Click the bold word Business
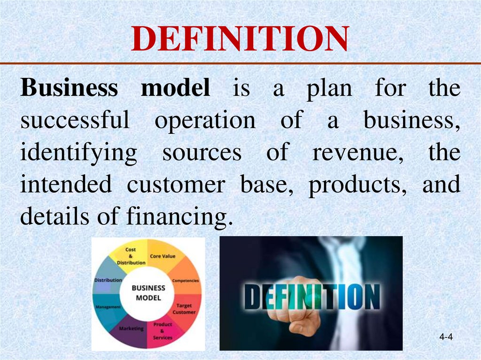pyautogui.click(x=69, y=88)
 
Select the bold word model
pyautogui.click(x=175, y=88)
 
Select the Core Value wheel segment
pyautogui.click(x=163, y=257)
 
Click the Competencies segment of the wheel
pyautogui.click(x=185, y=280)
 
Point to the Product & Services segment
pyautogui.click(x=163, y=330)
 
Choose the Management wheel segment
pyautogui.click(x=108, y=306)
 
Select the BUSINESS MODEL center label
pyautogui.click(x=148, y=292)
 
